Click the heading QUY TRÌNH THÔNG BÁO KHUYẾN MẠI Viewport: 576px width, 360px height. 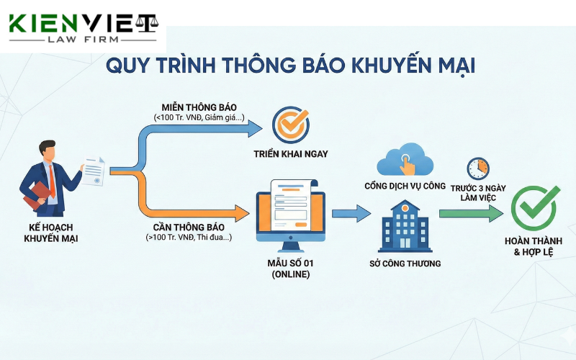[x=290, y=66]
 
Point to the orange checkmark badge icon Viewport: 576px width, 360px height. [x=291, y=123]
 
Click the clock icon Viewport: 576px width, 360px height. [x=477, y=168]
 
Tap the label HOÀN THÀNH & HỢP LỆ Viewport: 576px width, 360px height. [x=534, y=247]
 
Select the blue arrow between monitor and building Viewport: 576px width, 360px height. [x=351, y=213]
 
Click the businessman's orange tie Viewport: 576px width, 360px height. [x=52, y=176]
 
